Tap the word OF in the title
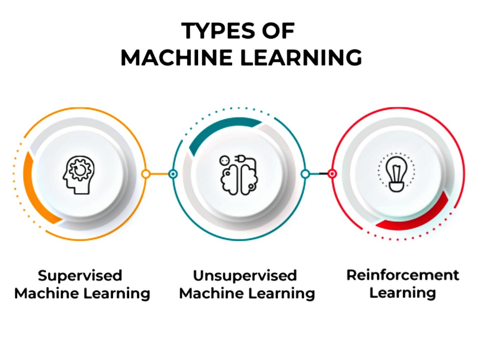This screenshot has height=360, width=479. pyautogui.click(x=278, y=31)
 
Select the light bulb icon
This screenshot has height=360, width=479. pyautogui.click(x=396, y=174)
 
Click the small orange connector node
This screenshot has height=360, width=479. pyautogui.click(x=146, y=174)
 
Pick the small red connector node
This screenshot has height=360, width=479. pyautogui.click(x=332, y=173)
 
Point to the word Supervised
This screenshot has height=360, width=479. pyautogui.click(x=80, y=275)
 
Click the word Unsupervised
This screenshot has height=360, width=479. pyautogui.click(x=245, y=275)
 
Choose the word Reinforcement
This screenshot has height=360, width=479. pyautogui.click(x=402, y=275)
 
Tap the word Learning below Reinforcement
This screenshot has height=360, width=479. pyautogui.click(x=402, y=293)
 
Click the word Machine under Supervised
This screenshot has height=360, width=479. pyautogui.click(x=44, y=293)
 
